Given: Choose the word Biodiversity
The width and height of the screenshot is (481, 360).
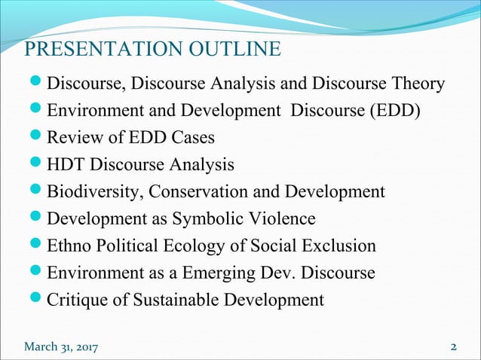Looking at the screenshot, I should [93, 192].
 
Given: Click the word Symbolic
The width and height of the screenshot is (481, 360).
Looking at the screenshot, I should [213, 219].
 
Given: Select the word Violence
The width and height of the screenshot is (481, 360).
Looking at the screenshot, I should [286, 219].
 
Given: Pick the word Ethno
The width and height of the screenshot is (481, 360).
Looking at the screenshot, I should [69, 246].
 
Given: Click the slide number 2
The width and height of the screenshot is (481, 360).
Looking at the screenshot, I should [454, 346].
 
